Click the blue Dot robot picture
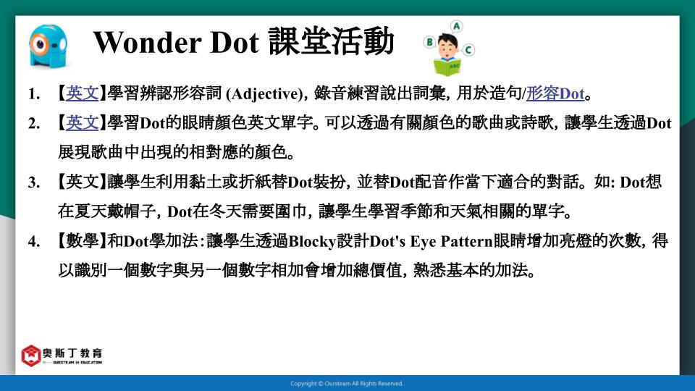pyautogui.click(x=49, y=46)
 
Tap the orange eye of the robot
pyautogui.click(x=41, y=44)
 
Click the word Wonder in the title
pyautogui.click(x=147, y=43)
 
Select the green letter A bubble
pyautogui.click(x=456, y=27)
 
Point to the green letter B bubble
pyautogui.click(x=429, y=42)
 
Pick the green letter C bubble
pyautogui.click(x=468, y=49)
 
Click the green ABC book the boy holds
pyautogui.click(x=447, y=67)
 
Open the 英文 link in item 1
pyautogui.click(x=83, y=93)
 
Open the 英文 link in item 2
pyautogui.click(x=83, y=123)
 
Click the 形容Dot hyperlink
pyautogui.click(x=555, y=93)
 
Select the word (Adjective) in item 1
pyautogui.click(x=265, y=94)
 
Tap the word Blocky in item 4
pyautogui.click(x=312, y=242)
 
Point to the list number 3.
pyautogui.click(x=34, y=182)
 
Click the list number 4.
pyautogui.click(x=34, y=241)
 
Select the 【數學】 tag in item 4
pyautogui.click(x=83, y=241)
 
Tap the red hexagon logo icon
pyautogui.click(x=31, y=356)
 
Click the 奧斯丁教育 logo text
pyautogui.click(x=72, y=353)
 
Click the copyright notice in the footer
pyautogui.click(x=347, y=384)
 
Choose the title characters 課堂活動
pyautogui.click(x=331, y=42)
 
